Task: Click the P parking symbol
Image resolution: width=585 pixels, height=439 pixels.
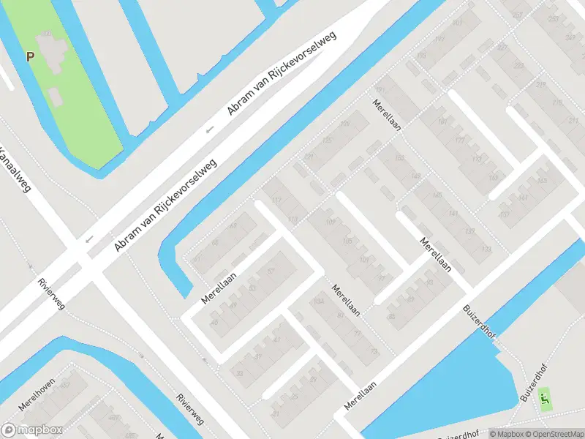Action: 30,56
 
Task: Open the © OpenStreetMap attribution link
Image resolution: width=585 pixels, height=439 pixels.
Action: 550,433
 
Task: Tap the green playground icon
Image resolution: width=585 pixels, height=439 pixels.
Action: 543,399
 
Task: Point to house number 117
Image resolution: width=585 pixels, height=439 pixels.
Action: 276,200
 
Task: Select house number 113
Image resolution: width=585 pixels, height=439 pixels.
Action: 293,219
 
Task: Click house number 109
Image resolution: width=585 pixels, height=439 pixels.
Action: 330,222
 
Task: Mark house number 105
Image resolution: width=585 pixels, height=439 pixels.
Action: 347,241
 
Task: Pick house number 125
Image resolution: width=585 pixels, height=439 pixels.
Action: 326,140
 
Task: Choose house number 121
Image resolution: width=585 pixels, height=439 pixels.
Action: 309,157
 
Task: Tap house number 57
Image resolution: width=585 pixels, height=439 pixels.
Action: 271,271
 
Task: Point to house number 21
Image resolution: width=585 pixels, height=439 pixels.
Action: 276,413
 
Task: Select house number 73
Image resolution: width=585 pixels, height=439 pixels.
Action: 375,352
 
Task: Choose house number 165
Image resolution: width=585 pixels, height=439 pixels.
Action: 543,181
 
